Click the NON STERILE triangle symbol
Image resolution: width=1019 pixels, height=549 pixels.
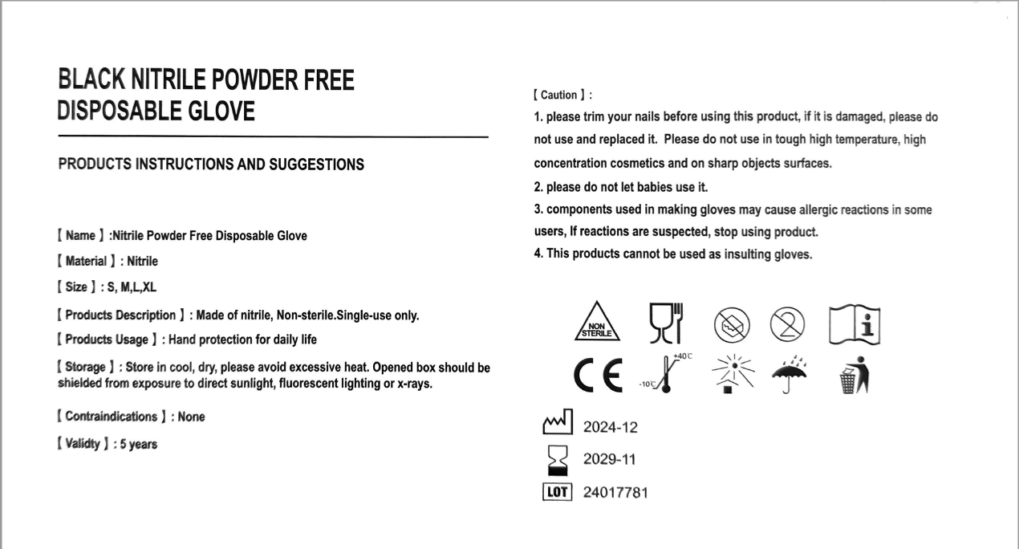tap(597, 323)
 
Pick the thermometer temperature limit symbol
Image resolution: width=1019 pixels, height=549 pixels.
tap(664, 373)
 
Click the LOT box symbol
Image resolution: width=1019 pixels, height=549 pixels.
tap(557, 491)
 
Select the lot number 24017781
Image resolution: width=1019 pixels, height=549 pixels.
tap(615, 492)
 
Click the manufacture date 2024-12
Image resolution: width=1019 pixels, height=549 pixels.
tap(610, 428)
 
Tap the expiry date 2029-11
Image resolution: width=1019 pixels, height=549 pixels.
tap(610, 460)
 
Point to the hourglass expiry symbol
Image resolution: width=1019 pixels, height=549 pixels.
tap(557, 460)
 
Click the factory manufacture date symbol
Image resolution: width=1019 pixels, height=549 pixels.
tap(557, 422)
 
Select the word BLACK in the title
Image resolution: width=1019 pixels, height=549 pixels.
tap(91, 80)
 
